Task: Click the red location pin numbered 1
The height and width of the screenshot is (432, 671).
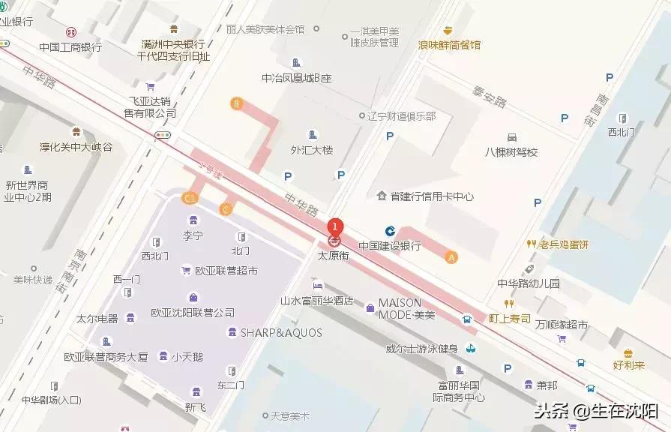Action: (336, 226)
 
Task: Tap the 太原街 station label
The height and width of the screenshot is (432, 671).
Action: (334, 255)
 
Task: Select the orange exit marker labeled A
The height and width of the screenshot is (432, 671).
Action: (451, 256)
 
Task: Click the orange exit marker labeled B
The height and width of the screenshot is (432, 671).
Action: (237, 103)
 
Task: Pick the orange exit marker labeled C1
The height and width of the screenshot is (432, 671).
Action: (190, 198)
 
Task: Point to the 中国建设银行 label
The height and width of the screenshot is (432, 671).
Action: (389, 245)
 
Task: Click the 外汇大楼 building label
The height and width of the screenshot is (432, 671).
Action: (312, 149)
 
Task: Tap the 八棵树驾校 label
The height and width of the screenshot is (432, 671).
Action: (511, 151)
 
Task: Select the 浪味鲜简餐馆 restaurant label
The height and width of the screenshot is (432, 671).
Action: (449, 44)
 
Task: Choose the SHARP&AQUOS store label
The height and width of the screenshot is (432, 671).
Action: (281, 332)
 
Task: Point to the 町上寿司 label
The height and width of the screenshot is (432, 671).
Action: (509, 318)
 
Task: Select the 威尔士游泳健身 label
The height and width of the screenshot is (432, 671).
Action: (421, 348)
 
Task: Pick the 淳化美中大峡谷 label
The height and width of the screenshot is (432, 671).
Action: (76, 147)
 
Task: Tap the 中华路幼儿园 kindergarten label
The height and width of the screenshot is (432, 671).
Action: (529, 283)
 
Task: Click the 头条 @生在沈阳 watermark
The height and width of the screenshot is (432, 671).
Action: (596, 411)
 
